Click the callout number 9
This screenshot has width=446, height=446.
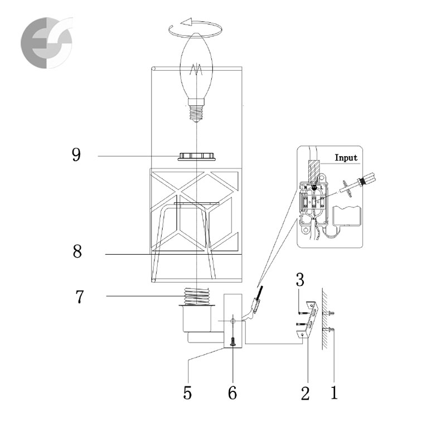pos(76,155)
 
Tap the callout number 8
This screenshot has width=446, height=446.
pos(77,251)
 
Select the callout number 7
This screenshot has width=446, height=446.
pos(80,297)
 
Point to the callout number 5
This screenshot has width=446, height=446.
pos(187,393)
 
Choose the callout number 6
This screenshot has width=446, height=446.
pos(232,393)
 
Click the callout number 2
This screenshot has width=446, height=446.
pos(305,394)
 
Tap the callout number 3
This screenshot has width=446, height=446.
pos(300,280)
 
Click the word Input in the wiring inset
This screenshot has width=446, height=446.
pos(346,158)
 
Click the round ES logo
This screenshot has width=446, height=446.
pos(47,43)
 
